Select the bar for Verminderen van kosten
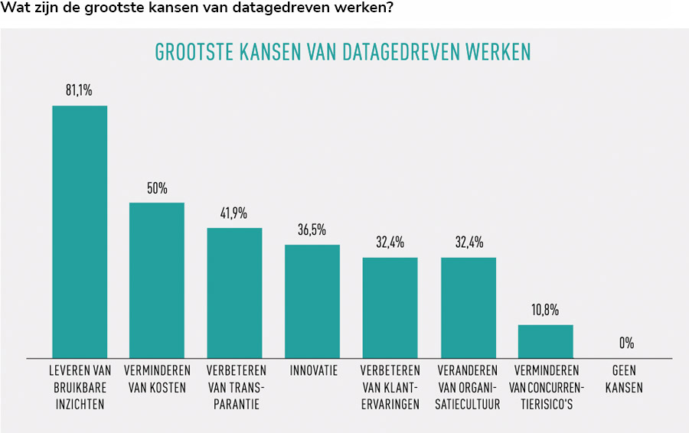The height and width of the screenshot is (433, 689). tap(157, 280)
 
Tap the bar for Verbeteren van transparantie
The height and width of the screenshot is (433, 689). tap(234, 292)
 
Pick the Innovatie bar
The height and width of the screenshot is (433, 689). tap(312, 301)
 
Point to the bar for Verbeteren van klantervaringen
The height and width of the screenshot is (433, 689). tap(390, 307)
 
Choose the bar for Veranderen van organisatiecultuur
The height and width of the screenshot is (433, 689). tap(468, 307)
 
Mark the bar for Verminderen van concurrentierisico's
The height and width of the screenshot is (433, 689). tap(545, 341)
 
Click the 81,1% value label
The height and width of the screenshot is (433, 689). tap(79, 90)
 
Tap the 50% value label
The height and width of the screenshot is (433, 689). tap(157, 188)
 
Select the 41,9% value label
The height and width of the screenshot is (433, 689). tap(234, 213)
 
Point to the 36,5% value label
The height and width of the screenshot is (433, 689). tap(312, 230)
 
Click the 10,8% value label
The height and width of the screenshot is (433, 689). tap(545, 310)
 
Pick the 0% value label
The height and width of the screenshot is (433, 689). tap(626, 343)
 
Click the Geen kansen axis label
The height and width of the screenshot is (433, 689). tap(624, 379)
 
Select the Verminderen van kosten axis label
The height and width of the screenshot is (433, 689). tap(157, 379)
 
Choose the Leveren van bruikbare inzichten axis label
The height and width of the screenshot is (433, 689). tap(80, 387)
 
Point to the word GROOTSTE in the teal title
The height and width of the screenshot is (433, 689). tap(188, 52)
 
